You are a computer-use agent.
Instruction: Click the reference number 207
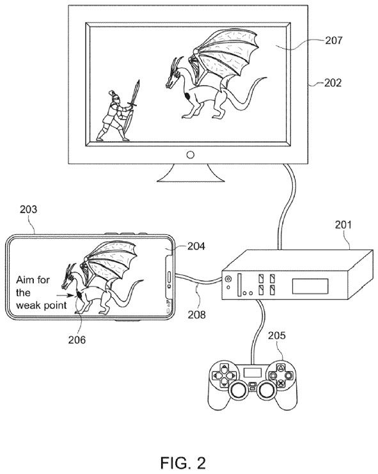334,40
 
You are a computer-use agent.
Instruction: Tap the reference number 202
333,83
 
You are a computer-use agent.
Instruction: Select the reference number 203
28,209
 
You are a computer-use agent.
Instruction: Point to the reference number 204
196,246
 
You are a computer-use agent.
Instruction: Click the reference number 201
343,225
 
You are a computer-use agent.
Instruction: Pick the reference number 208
196,315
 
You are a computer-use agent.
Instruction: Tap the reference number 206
77,340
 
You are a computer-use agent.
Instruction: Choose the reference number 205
277,336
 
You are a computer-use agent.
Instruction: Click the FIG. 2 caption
183,463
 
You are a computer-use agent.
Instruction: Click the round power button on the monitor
191,155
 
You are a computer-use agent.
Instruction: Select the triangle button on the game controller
281,368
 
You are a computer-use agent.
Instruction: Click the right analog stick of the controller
266,391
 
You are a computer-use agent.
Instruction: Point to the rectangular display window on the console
310,287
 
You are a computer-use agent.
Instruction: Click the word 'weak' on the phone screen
28,305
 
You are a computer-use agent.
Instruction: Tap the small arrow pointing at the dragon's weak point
62,296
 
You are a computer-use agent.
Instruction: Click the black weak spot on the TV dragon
187,97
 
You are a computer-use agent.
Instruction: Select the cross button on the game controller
281,384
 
